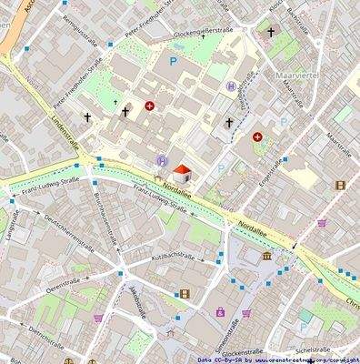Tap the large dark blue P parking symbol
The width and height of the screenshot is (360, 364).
[x=173, y=62]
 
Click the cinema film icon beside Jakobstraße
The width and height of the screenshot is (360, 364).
[x=185, y=294]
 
